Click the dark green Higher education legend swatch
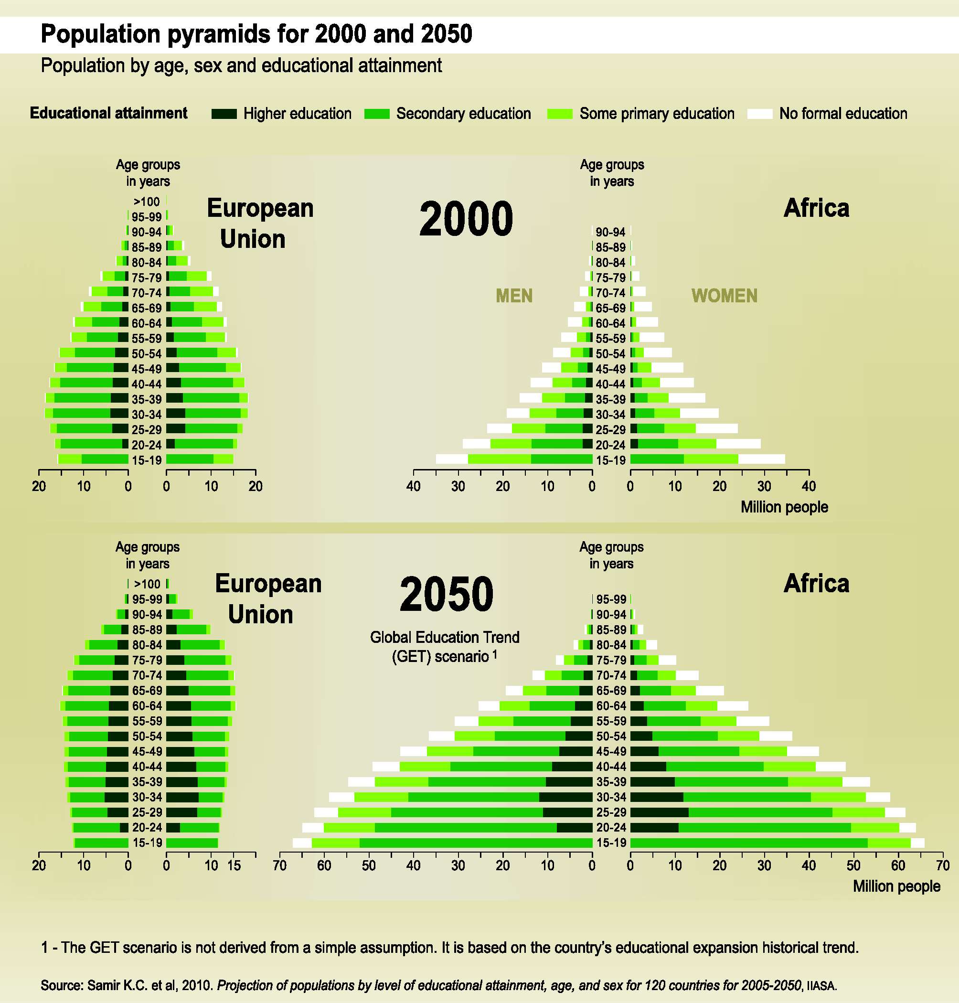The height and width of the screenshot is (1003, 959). [224, 114]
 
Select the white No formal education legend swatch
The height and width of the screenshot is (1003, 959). [760, 114]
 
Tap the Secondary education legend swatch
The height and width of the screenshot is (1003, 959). [377, 114]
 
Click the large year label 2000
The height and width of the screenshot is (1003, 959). [466, 219]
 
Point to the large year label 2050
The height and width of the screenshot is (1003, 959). [446, 594]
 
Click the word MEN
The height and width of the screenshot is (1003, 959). [514, 296]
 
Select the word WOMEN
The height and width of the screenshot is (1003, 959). [725, 296]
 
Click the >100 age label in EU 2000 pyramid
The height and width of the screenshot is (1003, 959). [147, 202]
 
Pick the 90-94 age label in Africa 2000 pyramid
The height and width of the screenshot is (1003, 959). [610, 232]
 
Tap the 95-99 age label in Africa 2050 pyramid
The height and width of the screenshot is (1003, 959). [611, 599]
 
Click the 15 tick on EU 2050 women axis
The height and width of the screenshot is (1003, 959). [234, 865]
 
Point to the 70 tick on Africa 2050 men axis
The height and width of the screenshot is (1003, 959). [279, 865]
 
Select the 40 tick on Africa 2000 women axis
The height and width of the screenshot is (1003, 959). [809, 486]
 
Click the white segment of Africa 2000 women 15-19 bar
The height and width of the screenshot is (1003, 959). [762, 459]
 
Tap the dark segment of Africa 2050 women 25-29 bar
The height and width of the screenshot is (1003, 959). [659, 812]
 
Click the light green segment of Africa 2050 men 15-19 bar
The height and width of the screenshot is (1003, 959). [335, 843]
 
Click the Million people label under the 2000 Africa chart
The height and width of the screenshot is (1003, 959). [784, 507]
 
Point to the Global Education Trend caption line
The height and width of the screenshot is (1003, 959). [444, 638]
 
